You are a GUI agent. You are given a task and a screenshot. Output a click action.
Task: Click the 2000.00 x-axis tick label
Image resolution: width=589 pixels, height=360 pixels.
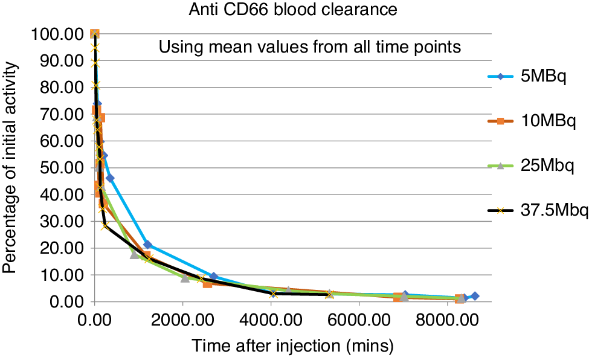pos(183,321)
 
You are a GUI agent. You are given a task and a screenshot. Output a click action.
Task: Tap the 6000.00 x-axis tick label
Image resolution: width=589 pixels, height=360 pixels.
pos(359,321)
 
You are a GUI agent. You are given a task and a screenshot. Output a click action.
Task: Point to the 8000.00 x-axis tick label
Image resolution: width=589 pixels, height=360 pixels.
pos(446,321)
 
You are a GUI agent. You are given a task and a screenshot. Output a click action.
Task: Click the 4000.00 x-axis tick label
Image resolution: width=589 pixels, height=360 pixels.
pos(271,321)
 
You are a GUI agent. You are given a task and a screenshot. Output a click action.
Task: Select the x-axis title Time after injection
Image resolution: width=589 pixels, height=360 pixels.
pos(293,347)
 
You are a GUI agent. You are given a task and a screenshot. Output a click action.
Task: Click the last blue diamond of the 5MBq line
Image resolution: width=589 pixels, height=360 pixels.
pos(475,296)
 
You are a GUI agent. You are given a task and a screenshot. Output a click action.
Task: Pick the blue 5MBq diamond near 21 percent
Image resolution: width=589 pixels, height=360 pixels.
pos(147,245)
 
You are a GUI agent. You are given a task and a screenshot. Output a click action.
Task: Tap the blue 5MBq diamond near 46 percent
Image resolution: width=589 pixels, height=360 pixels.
pos(110,178)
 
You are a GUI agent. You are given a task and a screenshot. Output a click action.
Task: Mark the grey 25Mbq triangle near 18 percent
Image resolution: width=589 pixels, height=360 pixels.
pos(134,254)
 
